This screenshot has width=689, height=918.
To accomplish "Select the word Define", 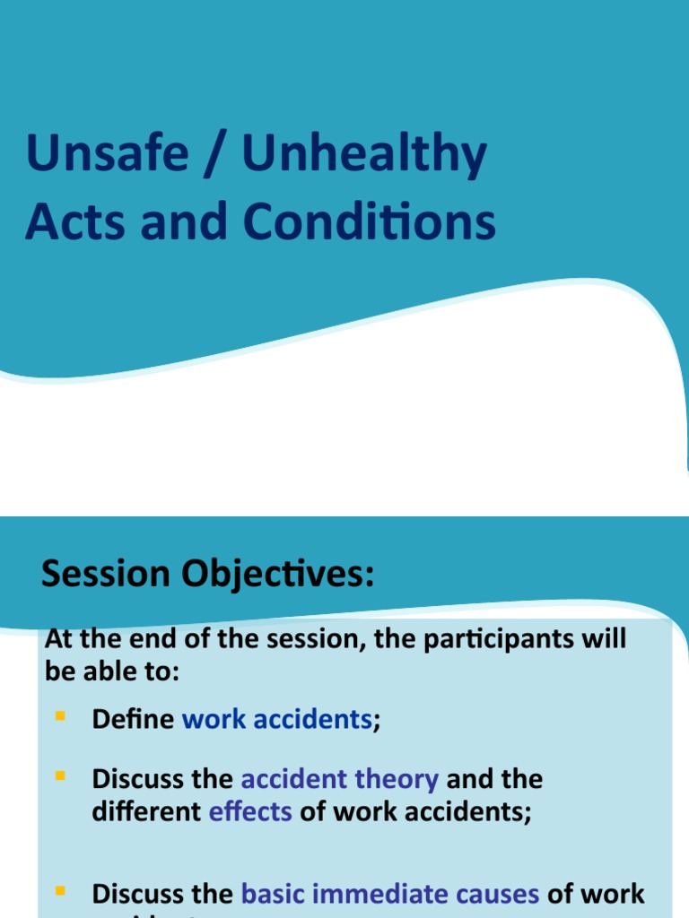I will tap(133, 720).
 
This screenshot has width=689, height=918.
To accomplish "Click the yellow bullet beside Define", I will tap(61, 716).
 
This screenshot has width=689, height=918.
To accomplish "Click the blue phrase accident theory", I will tap(339, 779).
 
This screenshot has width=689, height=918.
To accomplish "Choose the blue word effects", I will tap(250, 812).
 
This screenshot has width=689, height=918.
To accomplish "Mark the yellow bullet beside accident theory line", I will tap(61, 775).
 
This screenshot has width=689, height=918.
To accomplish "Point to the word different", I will tap(146, 812).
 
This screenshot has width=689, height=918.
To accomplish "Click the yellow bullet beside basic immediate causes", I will tap(61, 891).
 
